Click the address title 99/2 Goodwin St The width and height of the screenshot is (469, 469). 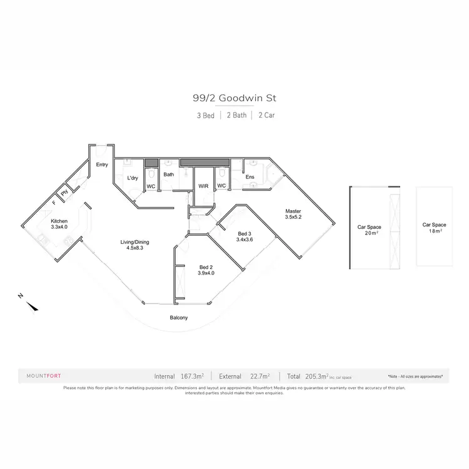tap(234, 98)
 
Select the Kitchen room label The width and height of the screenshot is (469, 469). tap(59, 224)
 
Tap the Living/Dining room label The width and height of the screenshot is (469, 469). tap(135, 245)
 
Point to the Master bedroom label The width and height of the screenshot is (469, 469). tap(294, 214)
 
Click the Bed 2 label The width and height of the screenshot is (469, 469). tap(206, 269)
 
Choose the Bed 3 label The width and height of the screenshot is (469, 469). tap(244, 236)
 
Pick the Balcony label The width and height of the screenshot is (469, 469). tap(179, 318)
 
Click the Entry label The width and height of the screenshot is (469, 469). tap(102, 165)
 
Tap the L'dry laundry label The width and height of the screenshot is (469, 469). tap(133, 178)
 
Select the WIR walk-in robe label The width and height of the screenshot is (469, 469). tap(203, 186)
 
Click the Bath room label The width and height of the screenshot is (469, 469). tap(169, 174)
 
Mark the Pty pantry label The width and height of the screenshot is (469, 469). tap(64, 193)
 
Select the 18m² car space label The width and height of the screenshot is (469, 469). tap(434, 228)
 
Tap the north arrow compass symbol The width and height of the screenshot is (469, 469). tap(31, 305)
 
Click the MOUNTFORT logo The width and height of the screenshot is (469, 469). tap(43, 376)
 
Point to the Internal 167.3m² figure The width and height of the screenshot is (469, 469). tap(179, 376)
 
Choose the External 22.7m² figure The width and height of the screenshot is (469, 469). tap(245, 376)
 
